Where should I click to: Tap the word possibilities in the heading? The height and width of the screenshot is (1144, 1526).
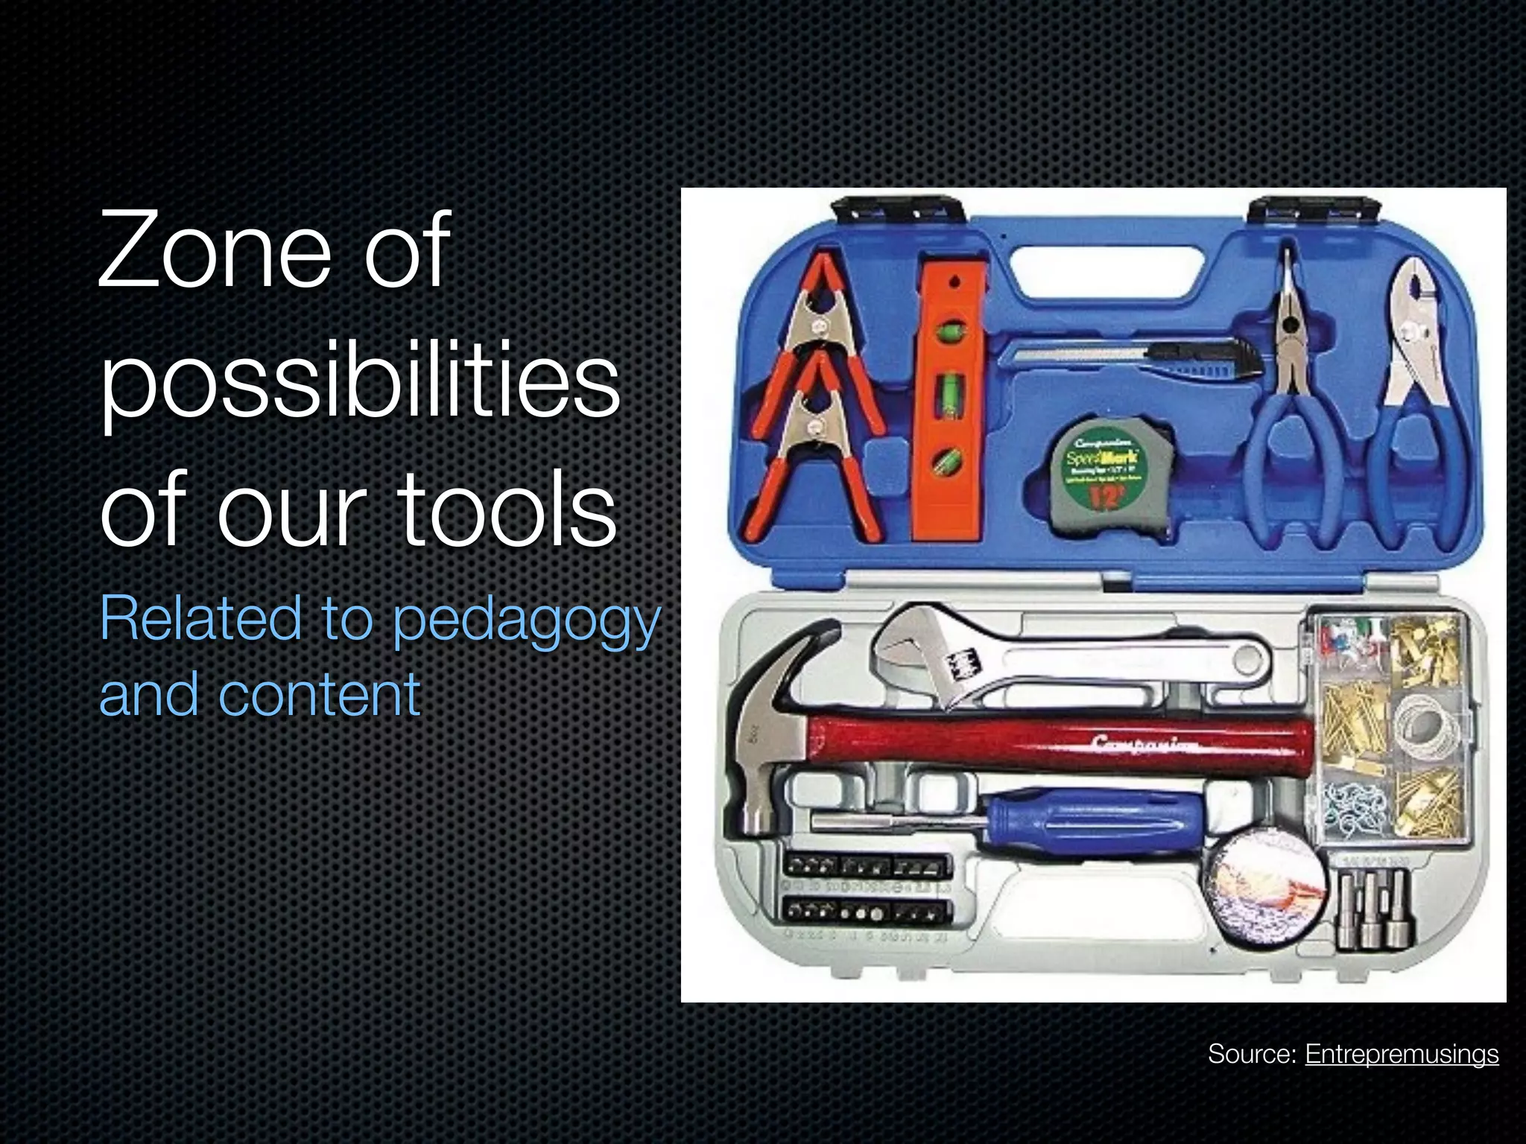point(359,381)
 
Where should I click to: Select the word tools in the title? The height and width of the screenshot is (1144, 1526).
point(509,511)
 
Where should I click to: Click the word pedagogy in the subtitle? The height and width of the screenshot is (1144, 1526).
point(526,620)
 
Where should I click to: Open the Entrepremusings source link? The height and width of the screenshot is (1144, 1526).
point(1402,1054)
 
